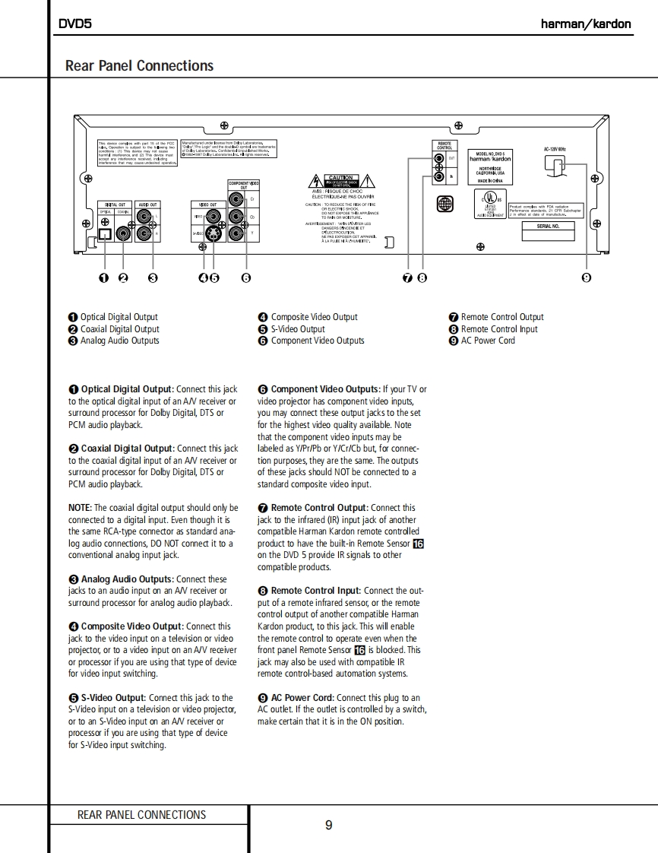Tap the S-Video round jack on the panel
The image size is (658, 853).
pos(215,234)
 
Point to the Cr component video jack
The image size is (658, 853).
pos(240,201)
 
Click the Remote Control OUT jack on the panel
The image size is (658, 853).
pos(438,159)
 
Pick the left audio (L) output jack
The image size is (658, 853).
pos(144,218)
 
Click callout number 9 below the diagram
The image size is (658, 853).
pos(586,277)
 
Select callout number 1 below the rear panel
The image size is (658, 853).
pos(104,277)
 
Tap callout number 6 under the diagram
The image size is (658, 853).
pos(245,277)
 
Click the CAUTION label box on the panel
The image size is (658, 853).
pos(340,180)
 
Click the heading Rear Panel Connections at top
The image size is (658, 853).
pos(139,65)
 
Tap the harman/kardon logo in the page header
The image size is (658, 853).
pos(585,24)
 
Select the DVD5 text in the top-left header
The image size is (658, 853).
pos(75,24)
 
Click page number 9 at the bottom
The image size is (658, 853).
pos(328,826)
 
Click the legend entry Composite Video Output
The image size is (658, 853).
pos(314,317)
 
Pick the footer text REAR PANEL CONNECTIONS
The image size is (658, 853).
pos(141,815)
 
